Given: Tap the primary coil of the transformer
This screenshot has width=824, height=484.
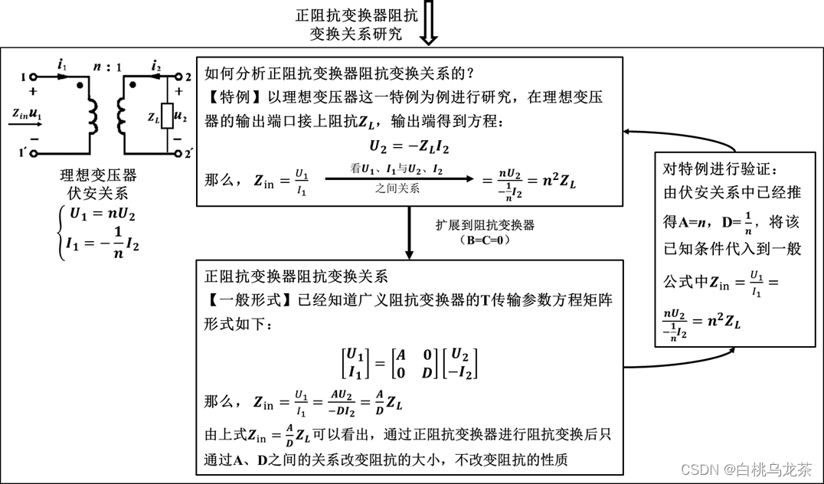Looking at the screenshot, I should (93, 115).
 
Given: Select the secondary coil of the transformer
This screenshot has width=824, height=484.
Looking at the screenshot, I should (120, 115).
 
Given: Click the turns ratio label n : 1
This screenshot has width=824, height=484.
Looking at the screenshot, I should (106, 67).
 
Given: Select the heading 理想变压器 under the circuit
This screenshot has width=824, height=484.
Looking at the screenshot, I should (97, 174).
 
